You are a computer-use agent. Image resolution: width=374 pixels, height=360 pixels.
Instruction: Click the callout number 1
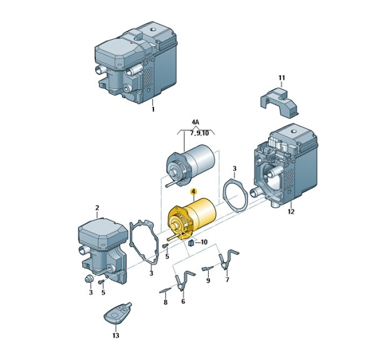153,110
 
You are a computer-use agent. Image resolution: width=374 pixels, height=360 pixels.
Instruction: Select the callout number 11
282,78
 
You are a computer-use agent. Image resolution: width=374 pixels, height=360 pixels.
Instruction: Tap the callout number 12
291,211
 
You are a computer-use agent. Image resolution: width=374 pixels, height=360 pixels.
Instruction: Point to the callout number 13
116,336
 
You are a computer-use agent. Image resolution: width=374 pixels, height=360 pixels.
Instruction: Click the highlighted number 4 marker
193,192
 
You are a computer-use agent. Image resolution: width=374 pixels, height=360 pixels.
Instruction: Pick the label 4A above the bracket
195,122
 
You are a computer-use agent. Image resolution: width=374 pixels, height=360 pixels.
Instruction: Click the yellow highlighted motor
191,219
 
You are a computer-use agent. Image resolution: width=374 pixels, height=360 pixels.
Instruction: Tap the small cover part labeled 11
279,102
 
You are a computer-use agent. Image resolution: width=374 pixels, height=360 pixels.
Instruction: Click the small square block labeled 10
191,244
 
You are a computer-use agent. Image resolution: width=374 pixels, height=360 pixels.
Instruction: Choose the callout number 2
97,208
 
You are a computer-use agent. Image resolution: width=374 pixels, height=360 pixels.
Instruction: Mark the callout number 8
166,302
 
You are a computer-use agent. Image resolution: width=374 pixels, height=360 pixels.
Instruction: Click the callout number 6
183,301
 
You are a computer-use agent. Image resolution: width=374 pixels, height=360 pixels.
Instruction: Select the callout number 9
208,281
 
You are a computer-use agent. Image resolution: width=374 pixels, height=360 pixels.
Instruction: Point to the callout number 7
227,280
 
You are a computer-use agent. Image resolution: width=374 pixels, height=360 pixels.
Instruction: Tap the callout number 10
204,242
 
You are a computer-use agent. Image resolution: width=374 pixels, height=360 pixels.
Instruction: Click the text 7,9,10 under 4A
199,133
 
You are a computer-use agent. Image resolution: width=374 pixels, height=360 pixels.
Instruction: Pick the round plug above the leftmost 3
89,279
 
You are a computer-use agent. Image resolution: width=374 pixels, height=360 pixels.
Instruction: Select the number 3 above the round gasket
234,169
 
